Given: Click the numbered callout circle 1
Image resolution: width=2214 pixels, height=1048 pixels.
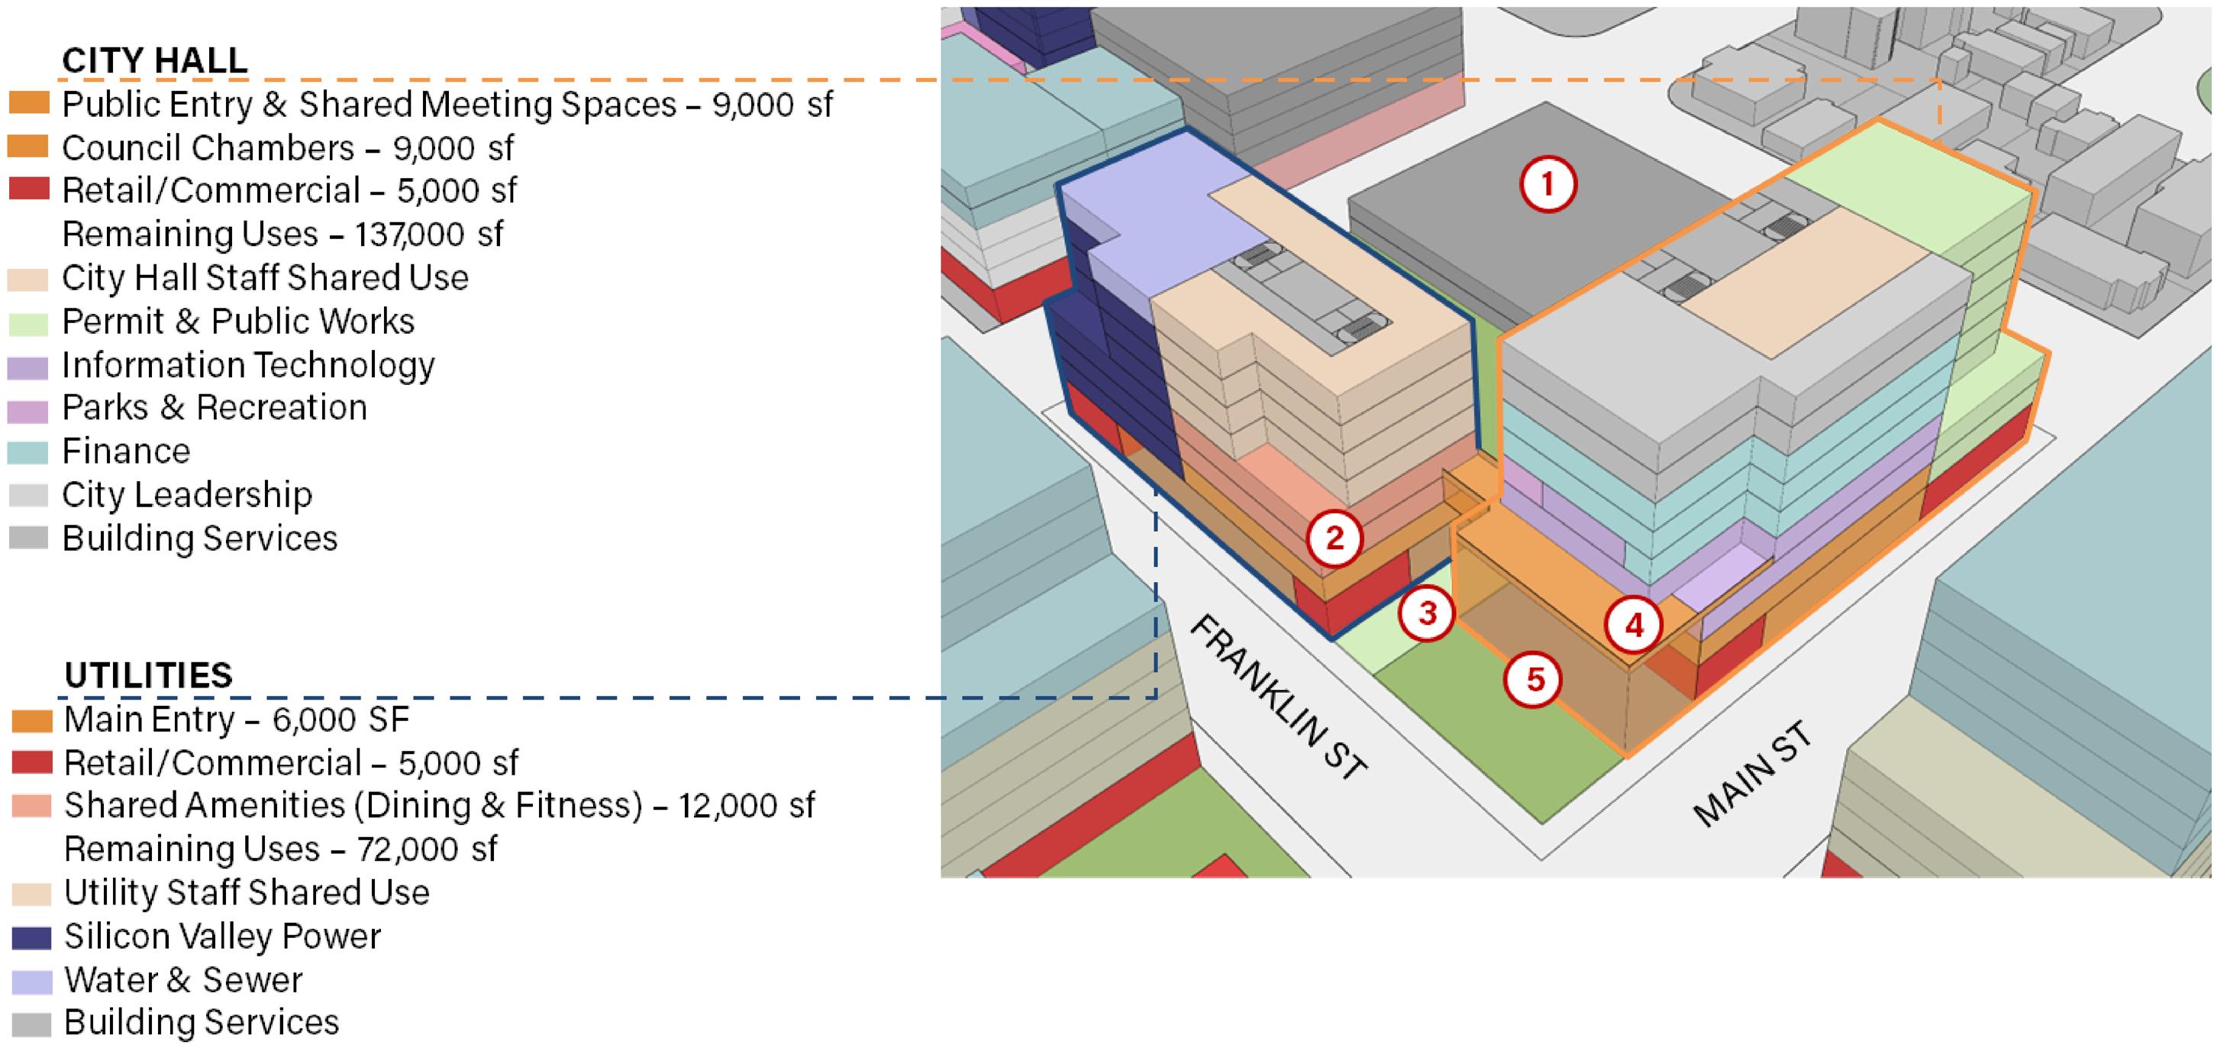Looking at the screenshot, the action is coord(1548,184).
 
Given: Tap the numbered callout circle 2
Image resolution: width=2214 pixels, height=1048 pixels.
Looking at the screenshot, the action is coord(1334,539).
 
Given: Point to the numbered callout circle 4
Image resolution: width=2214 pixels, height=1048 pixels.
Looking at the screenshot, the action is coord(1633,625).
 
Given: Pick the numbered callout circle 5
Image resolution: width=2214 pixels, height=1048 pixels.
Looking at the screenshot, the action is coord(1535,680).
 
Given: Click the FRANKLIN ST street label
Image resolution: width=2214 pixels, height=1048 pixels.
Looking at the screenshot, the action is coord(1277,697).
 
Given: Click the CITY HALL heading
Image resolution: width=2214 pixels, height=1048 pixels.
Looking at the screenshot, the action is coord(155,60).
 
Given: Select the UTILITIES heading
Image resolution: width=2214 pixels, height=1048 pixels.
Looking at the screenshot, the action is coord(148,676).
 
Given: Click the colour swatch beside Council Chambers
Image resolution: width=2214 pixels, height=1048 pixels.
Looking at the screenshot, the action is coord(28,146).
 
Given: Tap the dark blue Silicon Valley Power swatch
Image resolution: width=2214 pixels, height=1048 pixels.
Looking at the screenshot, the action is coord(32,937).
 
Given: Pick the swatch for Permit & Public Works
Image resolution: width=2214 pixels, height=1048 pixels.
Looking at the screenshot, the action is coord(28,323).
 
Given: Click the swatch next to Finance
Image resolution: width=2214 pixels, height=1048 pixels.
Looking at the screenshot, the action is coord(28,452).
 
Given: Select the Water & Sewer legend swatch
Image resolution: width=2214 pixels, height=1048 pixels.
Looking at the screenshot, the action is coord(32,981).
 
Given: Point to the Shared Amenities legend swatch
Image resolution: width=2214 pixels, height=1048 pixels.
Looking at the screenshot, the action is coord(32,806).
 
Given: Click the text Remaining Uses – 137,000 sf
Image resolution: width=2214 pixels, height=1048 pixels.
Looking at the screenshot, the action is coord(282,234).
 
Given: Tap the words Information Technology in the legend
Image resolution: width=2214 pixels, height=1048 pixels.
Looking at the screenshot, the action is coord(248,365).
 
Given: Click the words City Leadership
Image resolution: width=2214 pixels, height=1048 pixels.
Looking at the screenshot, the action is coord(186,495).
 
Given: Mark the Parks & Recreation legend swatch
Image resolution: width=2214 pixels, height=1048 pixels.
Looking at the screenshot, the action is coord(28,409).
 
